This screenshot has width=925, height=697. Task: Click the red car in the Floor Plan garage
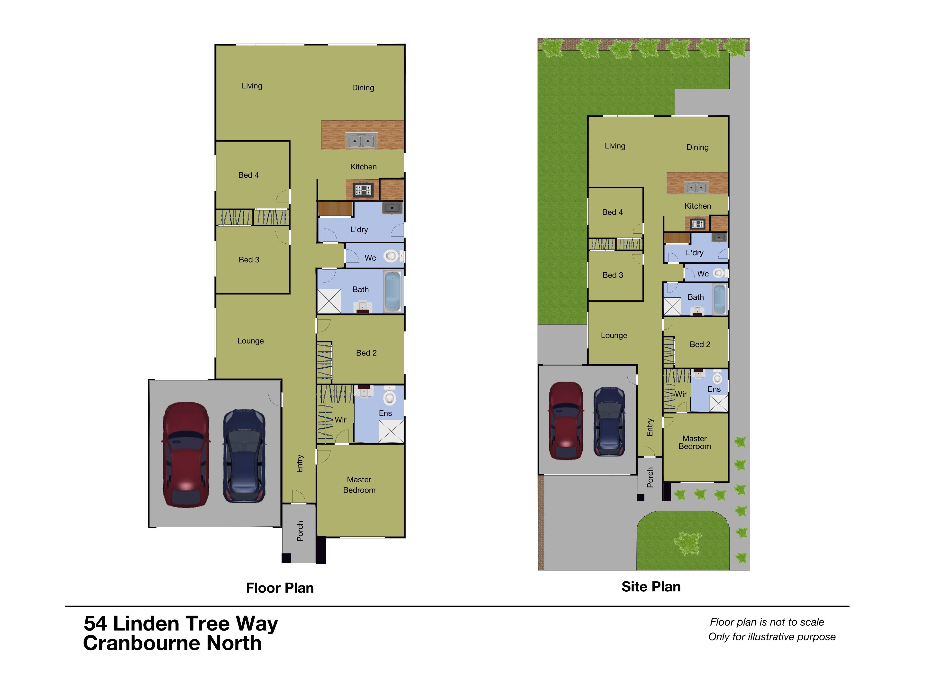pyautogui.click(x=186, y=455)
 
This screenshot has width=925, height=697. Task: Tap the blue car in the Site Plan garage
pyautogui.click(x=609, y=422)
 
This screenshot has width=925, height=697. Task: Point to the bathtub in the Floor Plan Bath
pyautogui.click(x=393, y=291)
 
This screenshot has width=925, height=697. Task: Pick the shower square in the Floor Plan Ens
pyautogui.click(x=391, y=431)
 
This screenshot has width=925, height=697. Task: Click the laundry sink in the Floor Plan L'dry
pyautogui.click(x=392, y=208)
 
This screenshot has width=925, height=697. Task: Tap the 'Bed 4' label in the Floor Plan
pyautogui.click(x=248, y=175)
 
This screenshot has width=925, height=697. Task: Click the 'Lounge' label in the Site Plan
pyautogui.click(x=614, y=335)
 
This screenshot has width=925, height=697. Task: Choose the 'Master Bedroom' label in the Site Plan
pyautogui.click(x=695, y=442)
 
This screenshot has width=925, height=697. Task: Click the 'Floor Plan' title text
pyautogui.click(x=280, y=588)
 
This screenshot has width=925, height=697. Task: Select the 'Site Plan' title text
pyautogui.click(x=651, y=587)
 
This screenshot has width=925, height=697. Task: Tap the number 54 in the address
pyautogui.click(x=95, y=624)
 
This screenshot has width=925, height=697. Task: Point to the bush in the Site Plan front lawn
pyautogui.click(x=686, y=543)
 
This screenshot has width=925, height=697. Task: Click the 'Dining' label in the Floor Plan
pyautogui.click(x=363, y=88)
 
